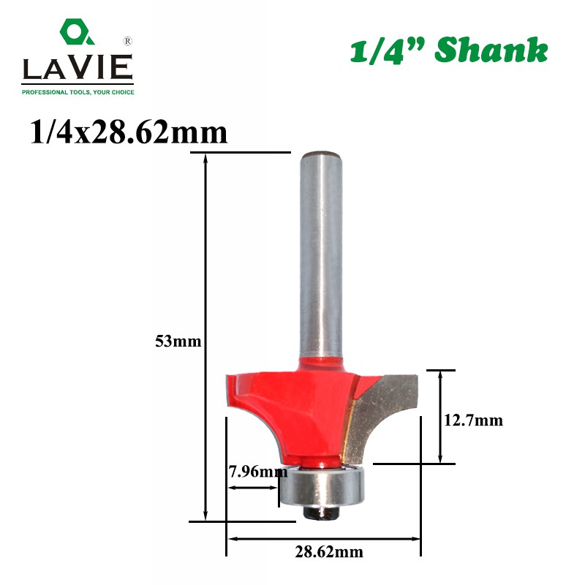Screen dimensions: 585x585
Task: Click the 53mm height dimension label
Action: coord(178,341)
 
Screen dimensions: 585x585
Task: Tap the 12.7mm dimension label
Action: coord(473,420)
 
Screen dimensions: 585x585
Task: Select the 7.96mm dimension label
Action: coord(258,472)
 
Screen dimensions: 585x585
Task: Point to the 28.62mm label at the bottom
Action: coord(328,552)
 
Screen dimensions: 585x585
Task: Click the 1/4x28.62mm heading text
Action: coord(129,132)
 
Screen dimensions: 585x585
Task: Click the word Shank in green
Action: coord(491,50)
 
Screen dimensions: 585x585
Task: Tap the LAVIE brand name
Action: coord(78,67)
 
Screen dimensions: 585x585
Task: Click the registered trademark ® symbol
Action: coord(127,41)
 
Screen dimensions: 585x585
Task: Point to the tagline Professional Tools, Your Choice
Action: coord(78,92)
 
